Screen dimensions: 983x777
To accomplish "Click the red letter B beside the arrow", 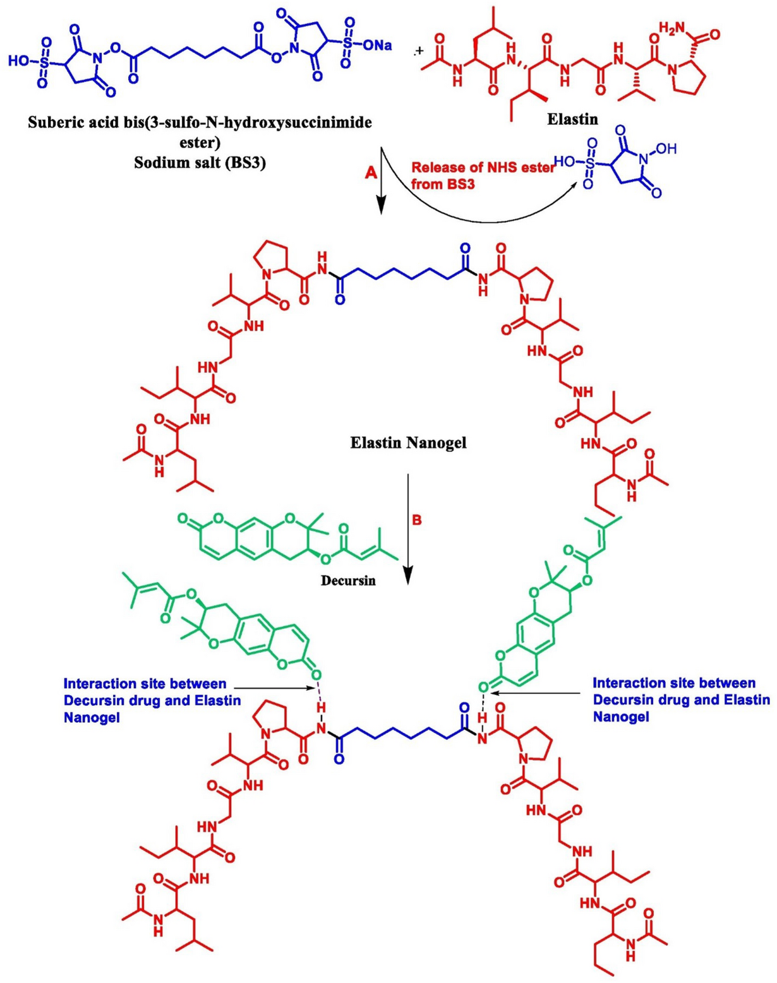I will click(x=417, y=521).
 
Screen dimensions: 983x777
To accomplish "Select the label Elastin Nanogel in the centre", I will click(x=408, y=443).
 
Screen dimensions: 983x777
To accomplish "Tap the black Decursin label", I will click(x=348, y=580).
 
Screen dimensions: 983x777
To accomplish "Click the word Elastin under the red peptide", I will click(x=572, y=118).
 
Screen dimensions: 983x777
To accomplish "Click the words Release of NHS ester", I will click(x=483, y=168).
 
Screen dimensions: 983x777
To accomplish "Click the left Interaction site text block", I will click(x=152, y=700).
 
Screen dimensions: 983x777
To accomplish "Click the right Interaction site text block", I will click(x=681, y=700).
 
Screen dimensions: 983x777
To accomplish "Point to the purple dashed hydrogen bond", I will click(x=320, y=692).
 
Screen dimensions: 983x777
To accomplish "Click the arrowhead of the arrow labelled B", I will click(x=408, y=575).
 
